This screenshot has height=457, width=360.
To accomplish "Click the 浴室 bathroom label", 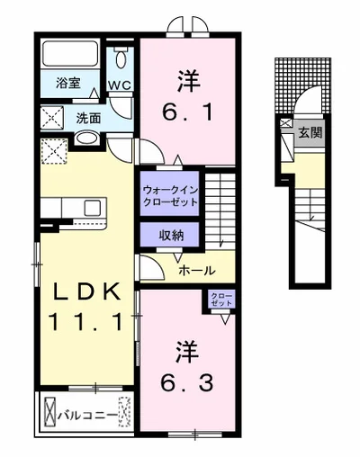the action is coord(68,83).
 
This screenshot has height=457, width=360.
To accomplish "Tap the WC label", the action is coord(120,85).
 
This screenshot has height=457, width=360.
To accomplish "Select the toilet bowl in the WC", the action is coord(121,58).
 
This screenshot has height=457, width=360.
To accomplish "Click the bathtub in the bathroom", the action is coord(70,54).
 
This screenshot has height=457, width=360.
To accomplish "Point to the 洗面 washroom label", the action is coord(88,119).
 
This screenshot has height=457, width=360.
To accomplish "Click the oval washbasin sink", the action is coord(86,139).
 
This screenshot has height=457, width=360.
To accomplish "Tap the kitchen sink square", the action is coord(93,208).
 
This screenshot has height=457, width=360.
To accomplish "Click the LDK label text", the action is coord(87,291).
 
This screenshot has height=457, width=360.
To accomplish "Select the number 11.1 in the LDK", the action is coord(86,321).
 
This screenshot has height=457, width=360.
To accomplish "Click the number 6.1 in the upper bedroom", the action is coord(187,112).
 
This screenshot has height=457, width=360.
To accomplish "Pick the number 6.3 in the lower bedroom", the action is coord(187,382).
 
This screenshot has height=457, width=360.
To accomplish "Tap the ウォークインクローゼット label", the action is coord(170,195).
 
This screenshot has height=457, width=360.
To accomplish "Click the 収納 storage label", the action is coord(171,236).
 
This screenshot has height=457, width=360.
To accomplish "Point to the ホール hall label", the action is coord(197,271).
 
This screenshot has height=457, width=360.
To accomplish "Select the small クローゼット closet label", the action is coord(221,300).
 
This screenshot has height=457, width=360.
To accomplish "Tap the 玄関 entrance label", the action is coord(310,132).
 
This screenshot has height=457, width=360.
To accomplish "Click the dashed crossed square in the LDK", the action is coord(54,151).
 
